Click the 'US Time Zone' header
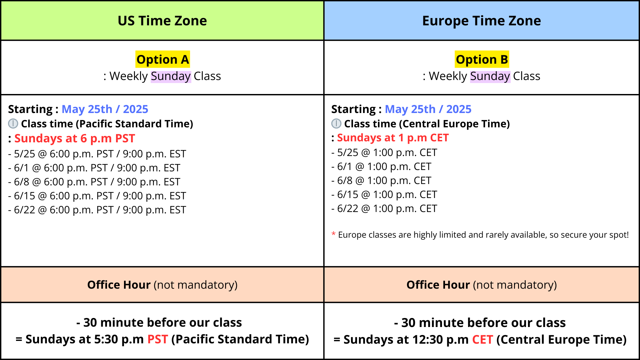tap(162, 21)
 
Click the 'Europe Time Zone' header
tap(481, 21)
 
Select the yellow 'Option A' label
tap(163, 59)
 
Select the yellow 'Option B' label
tap(482, 59)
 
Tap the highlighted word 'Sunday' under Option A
tap(171, 76)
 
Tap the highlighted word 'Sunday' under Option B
tap(490, 76)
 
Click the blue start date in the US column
tap(105, 109)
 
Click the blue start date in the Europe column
tap(428, 109)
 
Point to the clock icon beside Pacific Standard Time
tap(13, 124)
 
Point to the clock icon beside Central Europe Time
tap(336, 124)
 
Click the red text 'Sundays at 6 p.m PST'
tap(75, 138)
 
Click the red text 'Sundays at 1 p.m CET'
tap(393, 138)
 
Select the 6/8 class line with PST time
tap(94, 182)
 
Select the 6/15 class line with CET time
tap(384, 194)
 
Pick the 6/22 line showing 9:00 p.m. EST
tap(97, 210)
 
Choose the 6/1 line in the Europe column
tap(381, 166)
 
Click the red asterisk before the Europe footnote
tap(334, 234)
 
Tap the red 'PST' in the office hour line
tap(158, 339)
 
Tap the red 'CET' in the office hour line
tap(482, 340)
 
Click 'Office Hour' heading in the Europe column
tap(438, 285)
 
